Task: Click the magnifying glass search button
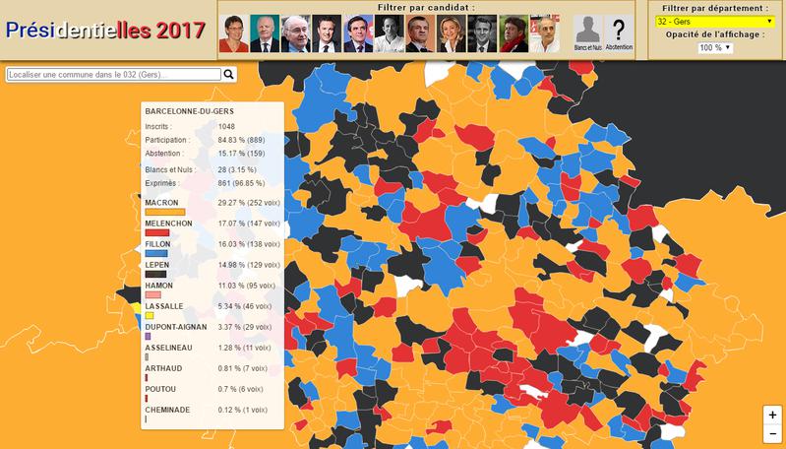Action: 229,74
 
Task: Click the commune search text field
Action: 113,74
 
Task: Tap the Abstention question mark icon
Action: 619,32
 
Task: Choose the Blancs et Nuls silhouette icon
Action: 587,32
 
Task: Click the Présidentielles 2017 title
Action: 105,29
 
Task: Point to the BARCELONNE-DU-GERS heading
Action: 189,111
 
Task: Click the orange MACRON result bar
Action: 165,212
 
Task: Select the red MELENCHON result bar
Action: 157,232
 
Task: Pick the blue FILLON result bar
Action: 156,253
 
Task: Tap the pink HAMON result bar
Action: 152,294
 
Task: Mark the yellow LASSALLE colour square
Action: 149,315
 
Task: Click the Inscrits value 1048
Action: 227,126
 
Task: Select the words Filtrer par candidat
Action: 425,7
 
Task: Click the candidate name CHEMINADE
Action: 166,408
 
